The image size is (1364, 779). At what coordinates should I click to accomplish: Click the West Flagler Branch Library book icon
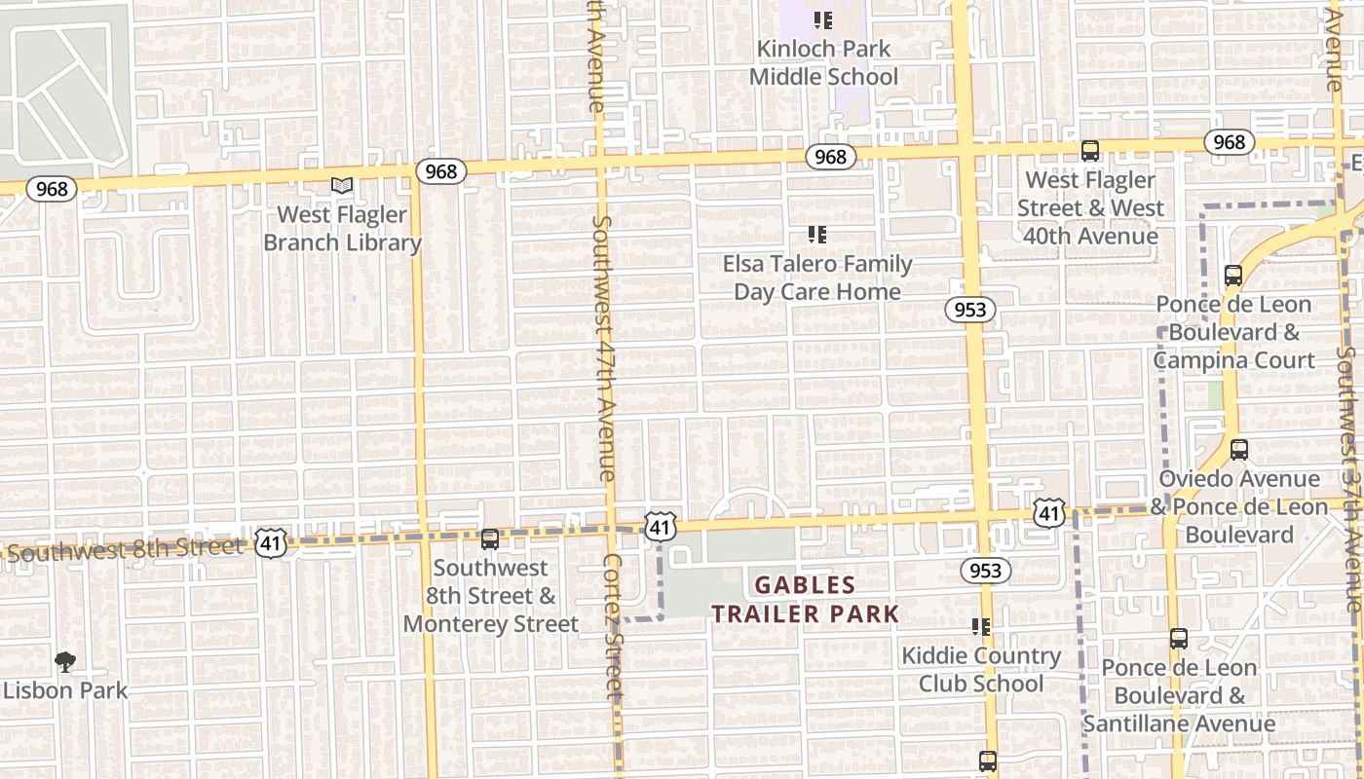click(341, 185)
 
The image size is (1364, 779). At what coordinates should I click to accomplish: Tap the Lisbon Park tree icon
click(65, 663)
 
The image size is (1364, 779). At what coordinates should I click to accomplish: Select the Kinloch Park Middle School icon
click(823, 19)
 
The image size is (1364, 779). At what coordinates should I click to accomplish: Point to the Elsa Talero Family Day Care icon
click(817, 234)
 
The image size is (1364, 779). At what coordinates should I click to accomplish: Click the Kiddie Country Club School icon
click(981, 627)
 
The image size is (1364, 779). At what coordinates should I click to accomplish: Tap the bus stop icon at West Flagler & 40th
click(1090, 151)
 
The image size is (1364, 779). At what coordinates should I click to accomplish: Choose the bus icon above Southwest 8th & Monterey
click(490, 538)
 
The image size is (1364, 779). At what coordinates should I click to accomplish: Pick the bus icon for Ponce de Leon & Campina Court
click(1233, 276)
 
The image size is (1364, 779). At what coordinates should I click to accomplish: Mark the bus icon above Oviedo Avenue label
click(1239, 450)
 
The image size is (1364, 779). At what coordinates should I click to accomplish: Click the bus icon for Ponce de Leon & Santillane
click(1179, 639)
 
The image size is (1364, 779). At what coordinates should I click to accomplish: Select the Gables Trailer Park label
click(805, 600)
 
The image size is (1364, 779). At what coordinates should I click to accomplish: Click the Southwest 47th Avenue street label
click(604, 348)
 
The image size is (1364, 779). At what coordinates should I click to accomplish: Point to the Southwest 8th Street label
click(124, 550)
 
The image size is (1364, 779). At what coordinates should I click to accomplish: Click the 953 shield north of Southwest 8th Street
click(970, 310)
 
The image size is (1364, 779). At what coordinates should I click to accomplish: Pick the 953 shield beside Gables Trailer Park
click(986, 570)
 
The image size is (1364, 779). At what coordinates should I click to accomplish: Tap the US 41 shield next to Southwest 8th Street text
click(271, 543)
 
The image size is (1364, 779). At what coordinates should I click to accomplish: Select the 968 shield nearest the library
click(441, 171)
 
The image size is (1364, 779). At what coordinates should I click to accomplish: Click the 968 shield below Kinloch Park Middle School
click(830, 157)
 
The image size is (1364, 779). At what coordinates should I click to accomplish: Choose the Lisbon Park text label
click(65, 690)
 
